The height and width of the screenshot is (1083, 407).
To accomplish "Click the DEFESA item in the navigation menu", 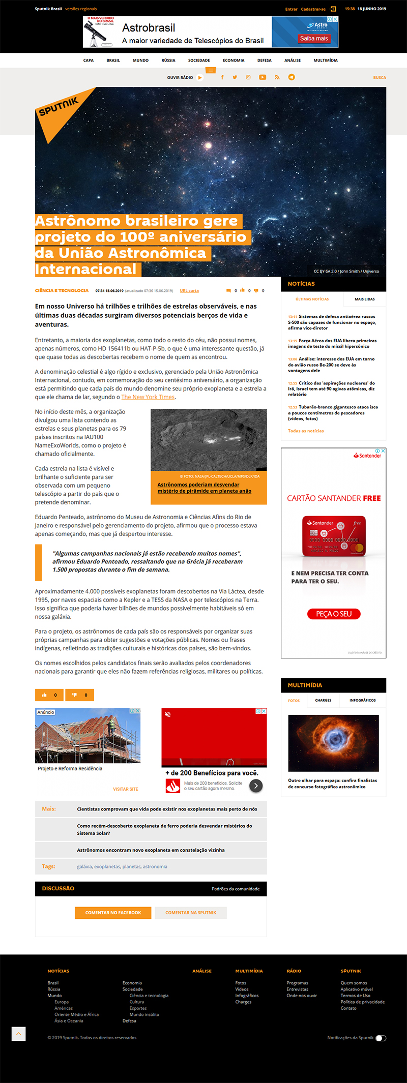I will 264,61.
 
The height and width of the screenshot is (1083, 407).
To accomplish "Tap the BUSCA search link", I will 379,78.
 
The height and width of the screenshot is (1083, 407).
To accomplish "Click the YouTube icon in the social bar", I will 263,77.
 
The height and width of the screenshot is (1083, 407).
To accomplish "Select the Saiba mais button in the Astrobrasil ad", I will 314,39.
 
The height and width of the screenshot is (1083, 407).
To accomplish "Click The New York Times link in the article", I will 148,397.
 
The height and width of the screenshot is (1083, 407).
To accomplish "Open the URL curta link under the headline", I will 189,291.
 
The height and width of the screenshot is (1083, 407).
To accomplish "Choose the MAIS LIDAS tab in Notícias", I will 364,299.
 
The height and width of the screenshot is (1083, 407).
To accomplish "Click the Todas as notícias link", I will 306,431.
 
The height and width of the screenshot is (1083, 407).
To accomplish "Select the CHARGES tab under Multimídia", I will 323,700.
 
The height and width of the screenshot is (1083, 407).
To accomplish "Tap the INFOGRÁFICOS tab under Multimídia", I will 362,700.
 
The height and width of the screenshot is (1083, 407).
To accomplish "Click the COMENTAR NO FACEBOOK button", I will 113,913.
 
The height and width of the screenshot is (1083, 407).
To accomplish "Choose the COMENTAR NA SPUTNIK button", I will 191,913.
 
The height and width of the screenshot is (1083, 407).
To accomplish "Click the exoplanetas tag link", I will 107,866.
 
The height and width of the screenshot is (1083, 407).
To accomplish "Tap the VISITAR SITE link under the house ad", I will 125,789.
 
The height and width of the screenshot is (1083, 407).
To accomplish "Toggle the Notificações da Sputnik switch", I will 381,1038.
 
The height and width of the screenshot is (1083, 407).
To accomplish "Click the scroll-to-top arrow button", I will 18,1034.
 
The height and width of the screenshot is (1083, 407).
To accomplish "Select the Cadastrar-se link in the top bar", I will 313,9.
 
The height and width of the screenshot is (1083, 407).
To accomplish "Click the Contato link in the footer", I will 348,1008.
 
